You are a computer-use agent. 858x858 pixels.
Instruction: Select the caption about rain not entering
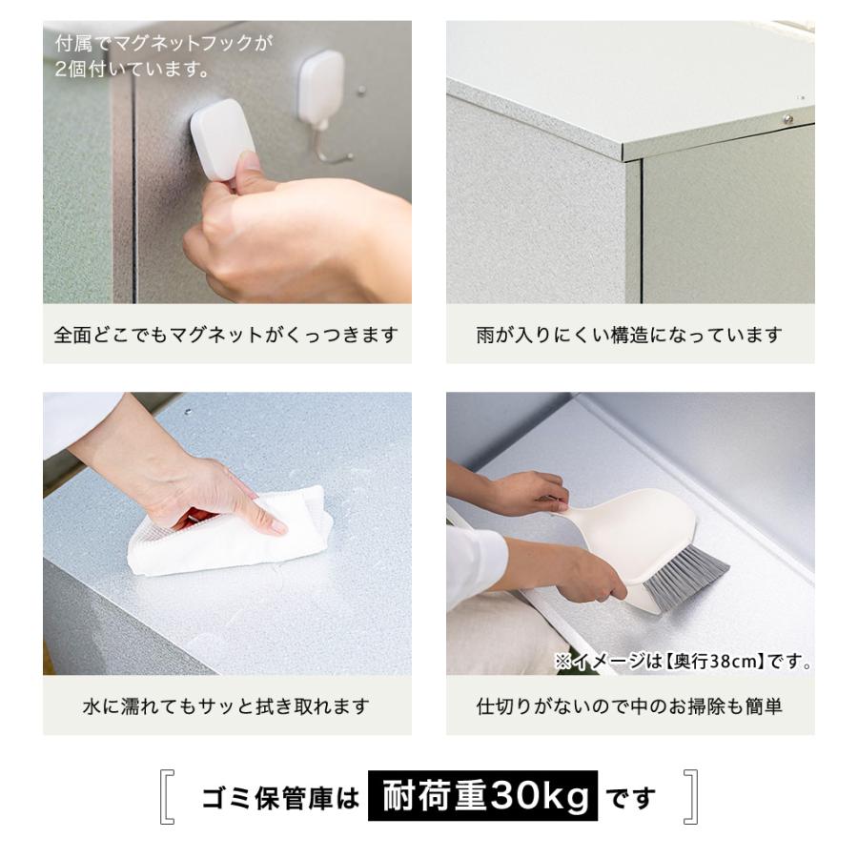point(629,336)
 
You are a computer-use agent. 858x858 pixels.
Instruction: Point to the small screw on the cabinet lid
point(787,118)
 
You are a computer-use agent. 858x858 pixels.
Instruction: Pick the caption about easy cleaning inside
point(629,706)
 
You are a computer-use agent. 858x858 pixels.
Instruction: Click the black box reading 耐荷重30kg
point(482,796)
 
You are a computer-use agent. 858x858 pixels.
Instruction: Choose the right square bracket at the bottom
point(691,797)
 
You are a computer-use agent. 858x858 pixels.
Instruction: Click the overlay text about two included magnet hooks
point(162,56)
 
